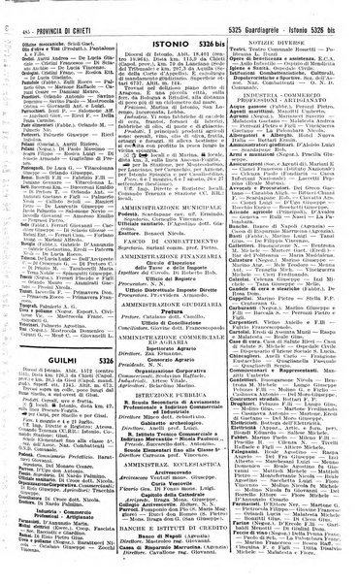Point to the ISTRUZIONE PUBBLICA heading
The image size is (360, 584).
point(182,424)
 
